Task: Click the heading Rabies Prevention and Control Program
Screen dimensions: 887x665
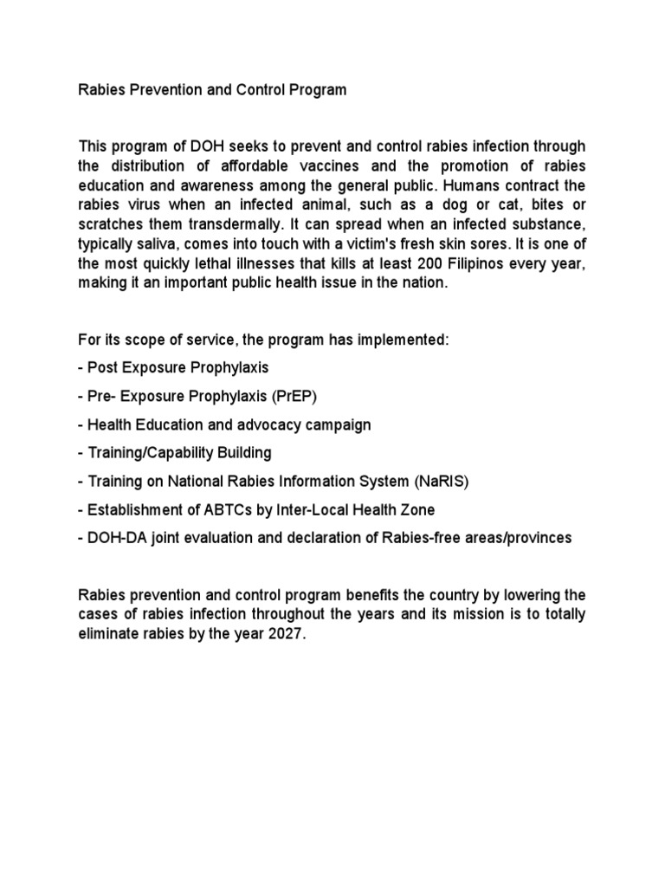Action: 212,90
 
